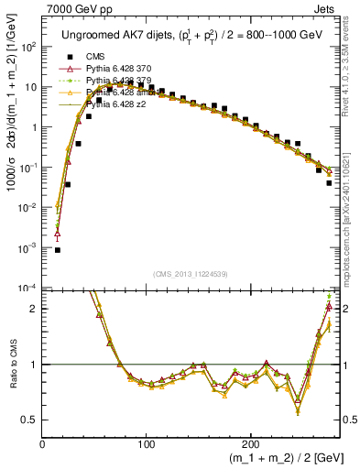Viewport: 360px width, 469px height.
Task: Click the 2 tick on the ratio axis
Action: pyautogui.click(x=35, y=309)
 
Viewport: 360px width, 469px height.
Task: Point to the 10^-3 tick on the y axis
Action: pyautogui.click(x=28, y=248)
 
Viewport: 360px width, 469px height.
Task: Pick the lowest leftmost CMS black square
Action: pyautogui.click(x=57, y=249)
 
